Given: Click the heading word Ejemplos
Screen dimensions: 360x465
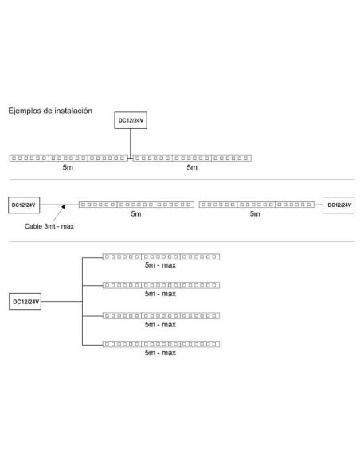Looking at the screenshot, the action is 25,111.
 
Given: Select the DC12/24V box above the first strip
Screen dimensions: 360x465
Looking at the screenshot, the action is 131,120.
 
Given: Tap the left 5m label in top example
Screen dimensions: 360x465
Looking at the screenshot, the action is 68,167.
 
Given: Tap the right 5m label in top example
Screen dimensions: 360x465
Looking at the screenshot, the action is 192,167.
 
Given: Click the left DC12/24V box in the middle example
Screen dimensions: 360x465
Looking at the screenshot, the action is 24,205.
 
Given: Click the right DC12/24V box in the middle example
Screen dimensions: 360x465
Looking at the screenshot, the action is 338,205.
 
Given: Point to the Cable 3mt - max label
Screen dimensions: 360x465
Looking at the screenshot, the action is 49,226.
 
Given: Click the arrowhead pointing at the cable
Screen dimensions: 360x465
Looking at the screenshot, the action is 64,206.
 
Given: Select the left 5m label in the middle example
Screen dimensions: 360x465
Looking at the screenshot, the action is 136,214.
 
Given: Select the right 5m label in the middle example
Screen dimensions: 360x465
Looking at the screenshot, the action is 255,214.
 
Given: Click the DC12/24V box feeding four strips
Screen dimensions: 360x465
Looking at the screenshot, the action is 25,302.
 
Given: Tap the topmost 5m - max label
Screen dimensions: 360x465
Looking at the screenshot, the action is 160,265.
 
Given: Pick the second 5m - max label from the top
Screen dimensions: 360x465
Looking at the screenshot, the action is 160,294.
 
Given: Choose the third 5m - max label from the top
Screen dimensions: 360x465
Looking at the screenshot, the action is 160,324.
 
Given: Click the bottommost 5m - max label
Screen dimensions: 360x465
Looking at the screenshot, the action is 160,353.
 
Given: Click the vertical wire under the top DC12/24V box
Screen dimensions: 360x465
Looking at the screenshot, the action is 130,144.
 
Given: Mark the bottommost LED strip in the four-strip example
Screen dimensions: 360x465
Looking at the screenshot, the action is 162,344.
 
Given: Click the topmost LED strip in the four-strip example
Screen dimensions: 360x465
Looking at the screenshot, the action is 162,257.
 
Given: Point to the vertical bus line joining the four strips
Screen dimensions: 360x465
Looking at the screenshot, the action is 82,301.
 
